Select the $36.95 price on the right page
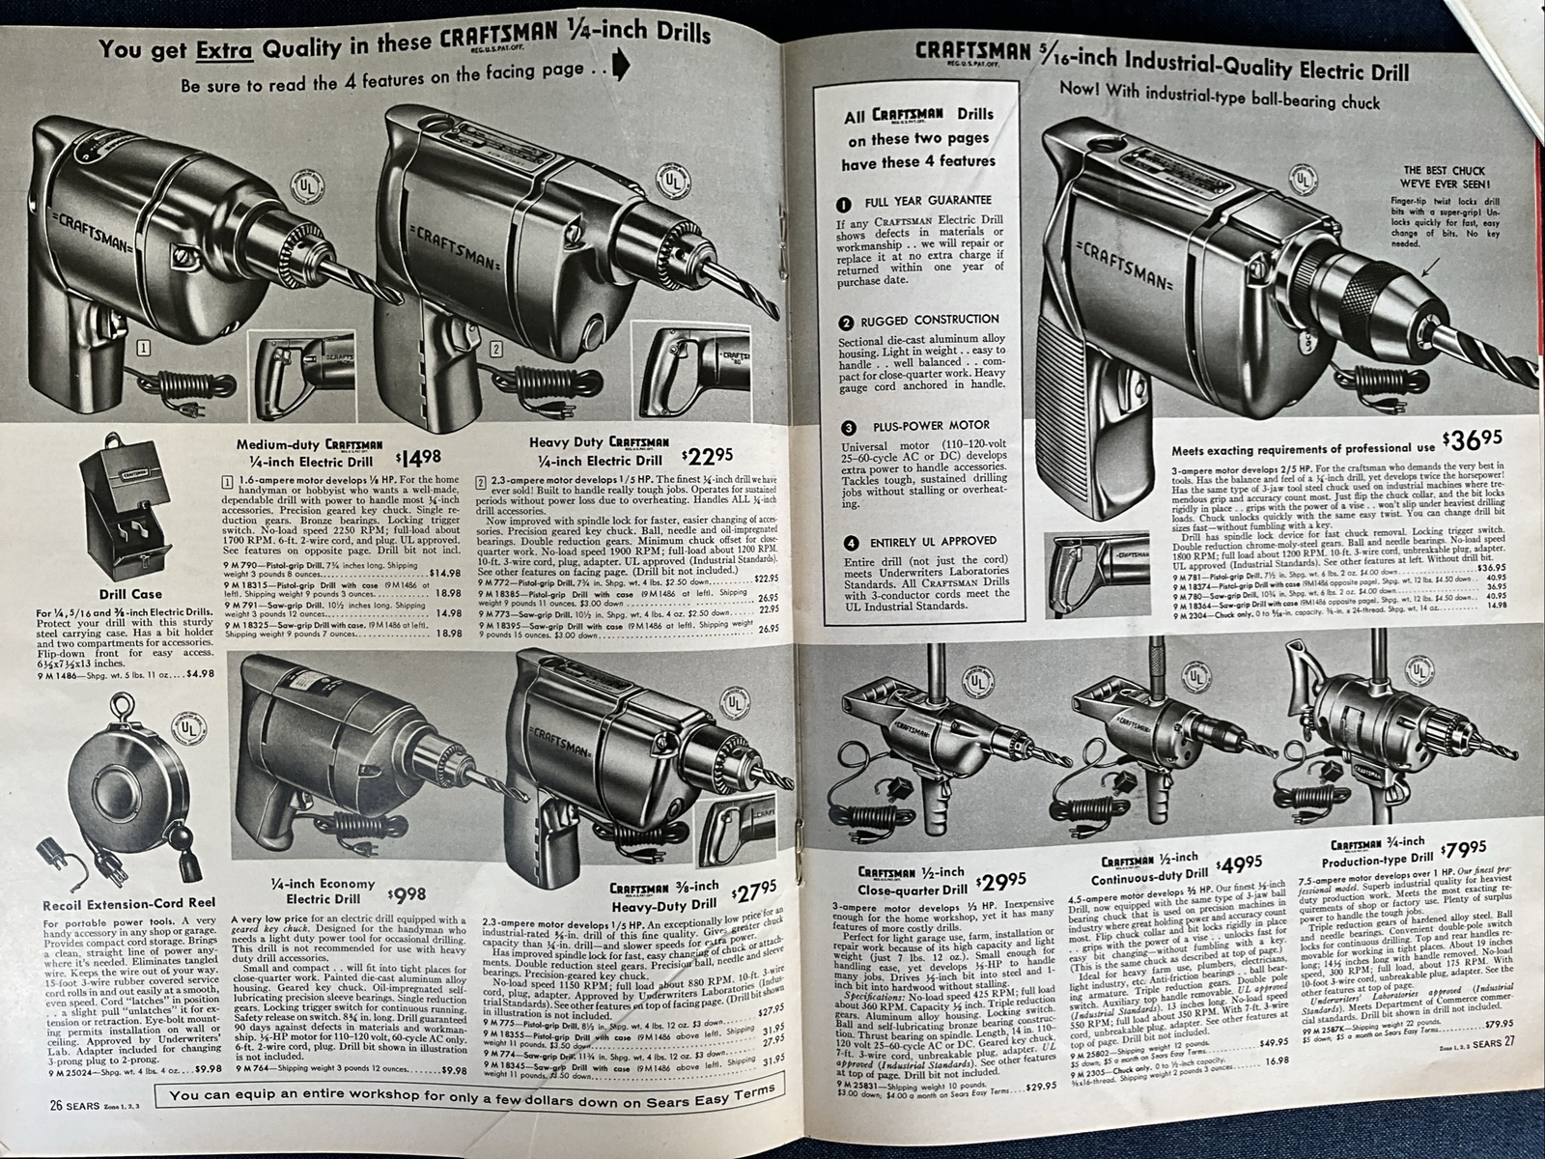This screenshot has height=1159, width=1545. [1472, 441]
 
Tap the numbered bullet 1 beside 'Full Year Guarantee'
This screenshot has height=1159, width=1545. [846, 205]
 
